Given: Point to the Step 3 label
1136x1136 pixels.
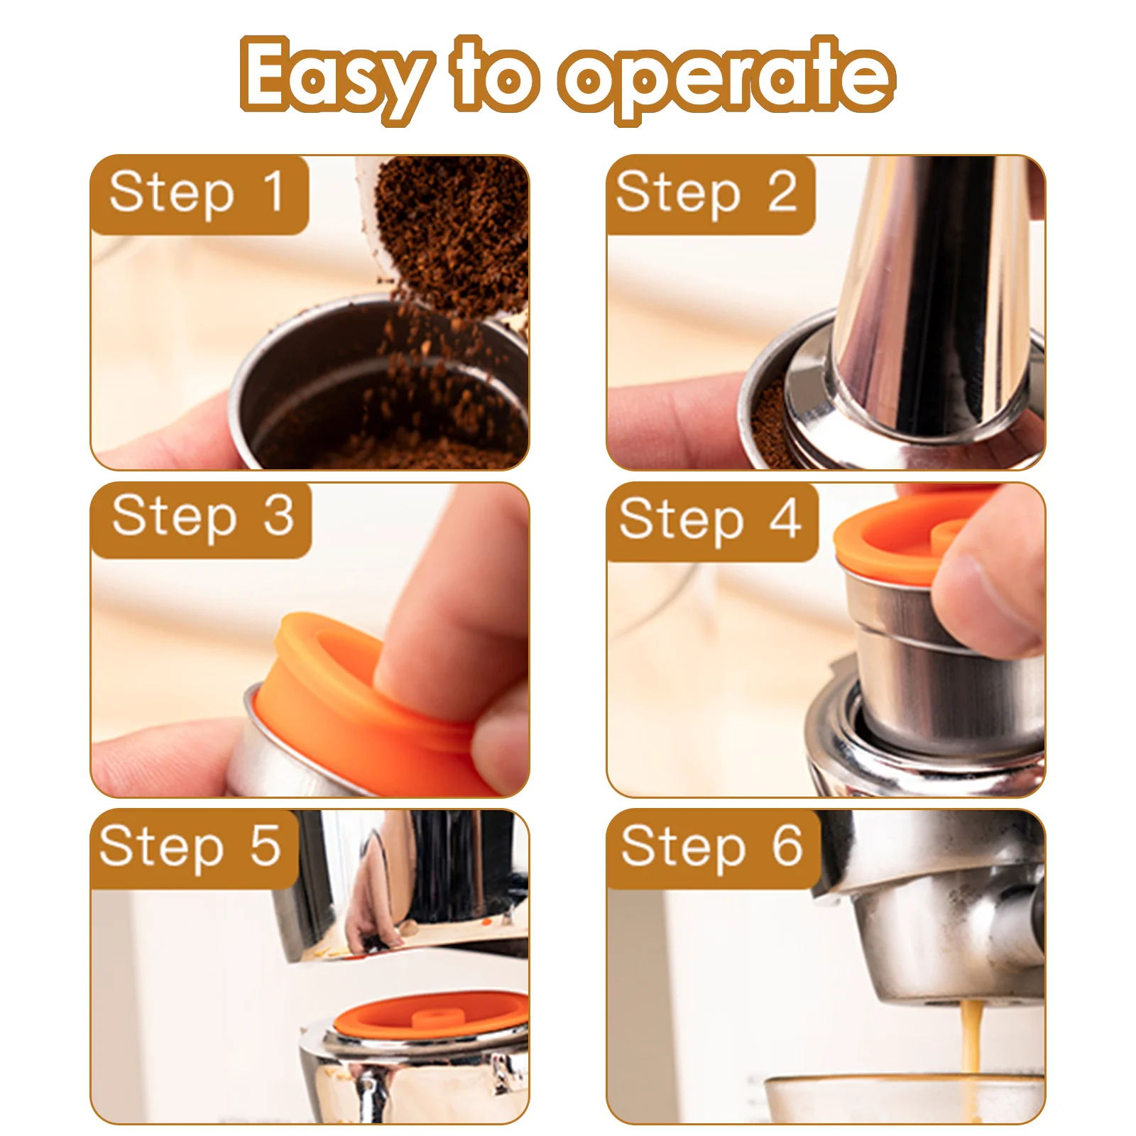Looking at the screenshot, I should tap(202, 518).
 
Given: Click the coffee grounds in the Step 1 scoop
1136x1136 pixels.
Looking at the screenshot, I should tap(454, 227).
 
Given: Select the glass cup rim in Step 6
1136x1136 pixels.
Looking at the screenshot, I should tap(902, 1082).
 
